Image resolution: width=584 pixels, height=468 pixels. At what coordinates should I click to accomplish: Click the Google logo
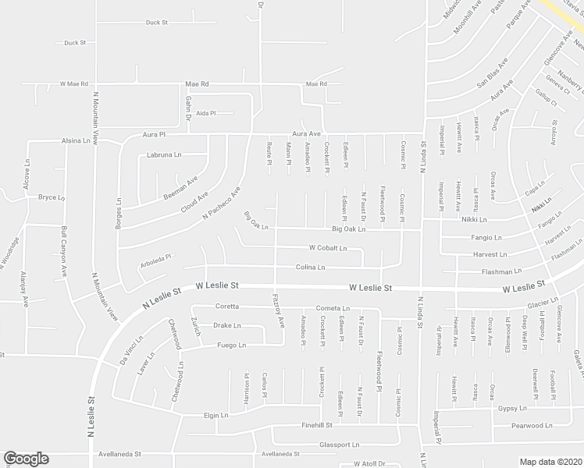pyautogui.click(x=26, y=459)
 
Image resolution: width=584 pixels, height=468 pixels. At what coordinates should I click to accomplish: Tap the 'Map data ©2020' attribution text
pyautogui.click(x=550, y=461)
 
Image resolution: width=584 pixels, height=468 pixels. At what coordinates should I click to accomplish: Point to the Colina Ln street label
pyautogui.click(x=310, y=268)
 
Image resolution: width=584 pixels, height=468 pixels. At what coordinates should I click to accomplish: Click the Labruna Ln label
pyautogui.click(x=164, y=155)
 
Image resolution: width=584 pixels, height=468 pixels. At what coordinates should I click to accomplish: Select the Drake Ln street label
pyautogui.click(x=226, y=326)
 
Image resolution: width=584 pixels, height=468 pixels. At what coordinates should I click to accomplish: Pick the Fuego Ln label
pyautogui.click(x=231, y=345)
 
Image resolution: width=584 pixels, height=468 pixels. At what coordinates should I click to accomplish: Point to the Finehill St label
pyautogui.click(x=318, y=426)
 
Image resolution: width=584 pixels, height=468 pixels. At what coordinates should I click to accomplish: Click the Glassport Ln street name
pyautogui.click(x=340, y=445)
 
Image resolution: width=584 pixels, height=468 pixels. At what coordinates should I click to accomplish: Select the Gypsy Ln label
pyautogui.click(x=513, y=408)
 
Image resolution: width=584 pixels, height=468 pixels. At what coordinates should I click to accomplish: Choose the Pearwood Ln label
pyautogui.click(x=532, y=426)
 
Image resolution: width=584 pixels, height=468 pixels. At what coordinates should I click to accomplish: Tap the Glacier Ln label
pyautogui.click(x=542, y=300)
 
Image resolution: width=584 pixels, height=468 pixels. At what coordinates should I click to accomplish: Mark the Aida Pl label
pyautogui.click(x=205, y=113)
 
